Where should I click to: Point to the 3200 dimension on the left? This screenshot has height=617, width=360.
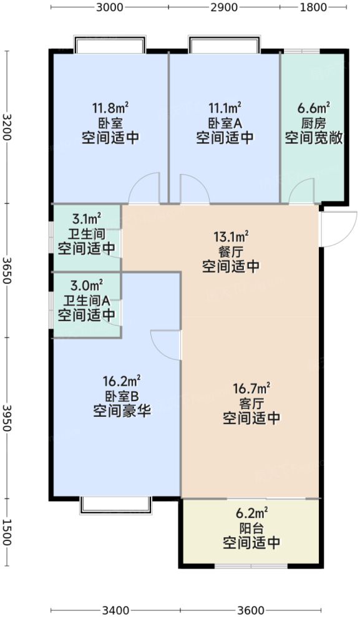pyautogui.click(x=7, y=127)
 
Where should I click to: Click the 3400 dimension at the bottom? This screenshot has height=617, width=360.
pyautogui.click(x=116, y=610)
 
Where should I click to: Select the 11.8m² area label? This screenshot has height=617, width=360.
pyautogui.click(x=109, y=109)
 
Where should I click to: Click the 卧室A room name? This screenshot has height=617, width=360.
pyautogui.click(x=225, y=123)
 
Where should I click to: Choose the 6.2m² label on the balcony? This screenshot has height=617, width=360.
pyautogui.click(x=251, y=514)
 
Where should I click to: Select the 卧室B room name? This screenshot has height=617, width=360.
pyautogui.click(x=122, y=395)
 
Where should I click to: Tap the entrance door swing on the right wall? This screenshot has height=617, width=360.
pyautogui.click(x=338, y=228)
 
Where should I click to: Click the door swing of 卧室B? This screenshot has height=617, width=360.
pyautogui.click(x=166, y=344)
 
